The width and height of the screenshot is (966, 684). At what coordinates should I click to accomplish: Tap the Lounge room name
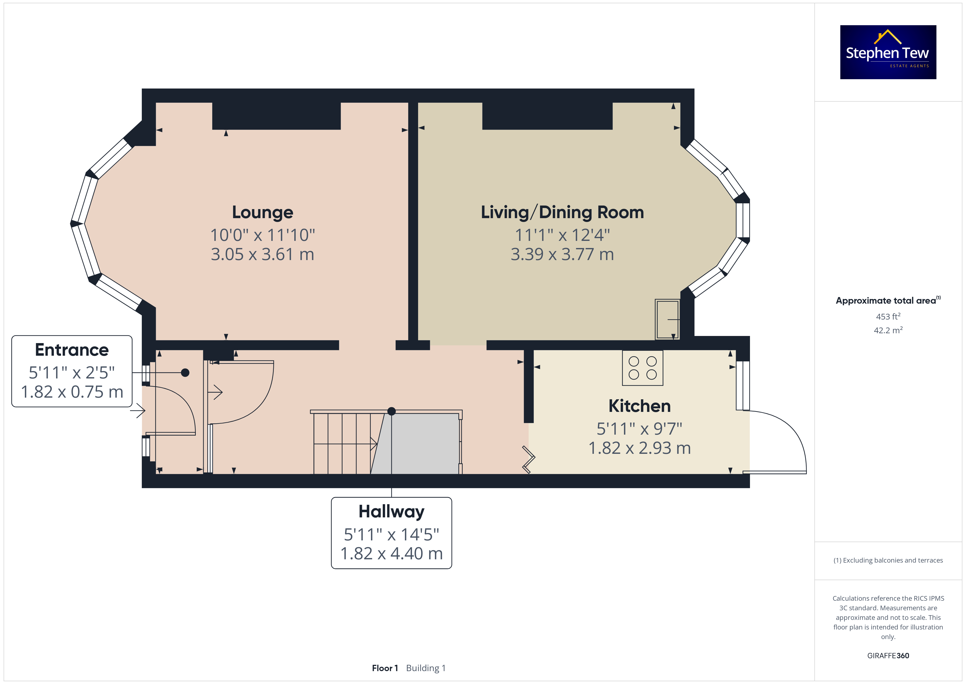click(263, 213)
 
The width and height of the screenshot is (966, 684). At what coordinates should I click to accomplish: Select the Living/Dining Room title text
click(562, 213)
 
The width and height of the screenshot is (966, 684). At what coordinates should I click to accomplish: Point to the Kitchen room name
click(640, 406)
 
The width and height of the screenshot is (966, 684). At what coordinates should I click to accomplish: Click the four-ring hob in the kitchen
click(642, 368)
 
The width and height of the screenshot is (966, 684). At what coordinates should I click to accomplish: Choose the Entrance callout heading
click(72, 350)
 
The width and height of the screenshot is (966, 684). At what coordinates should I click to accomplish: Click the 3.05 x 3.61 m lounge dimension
click(263, 254)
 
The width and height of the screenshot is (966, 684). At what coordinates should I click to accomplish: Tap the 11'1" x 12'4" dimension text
click(562, 235)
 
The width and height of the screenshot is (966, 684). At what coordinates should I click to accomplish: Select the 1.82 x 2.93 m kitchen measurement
click(640, 448)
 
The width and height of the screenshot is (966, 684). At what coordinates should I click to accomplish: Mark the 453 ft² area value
click(888, 316)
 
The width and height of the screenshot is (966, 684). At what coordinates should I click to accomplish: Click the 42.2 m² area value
click(888, 330)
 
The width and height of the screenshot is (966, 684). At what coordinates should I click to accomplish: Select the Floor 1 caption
click(384, 668)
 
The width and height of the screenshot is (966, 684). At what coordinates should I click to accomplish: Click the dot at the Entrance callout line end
click(185, 373)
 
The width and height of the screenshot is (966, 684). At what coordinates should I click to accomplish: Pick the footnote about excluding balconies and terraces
click(888, 560)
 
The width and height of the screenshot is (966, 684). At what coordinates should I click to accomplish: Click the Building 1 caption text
click(426, 668)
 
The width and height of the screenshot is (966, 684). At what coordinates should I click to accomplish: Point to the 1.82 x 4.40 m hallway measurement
click(391, 554)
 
